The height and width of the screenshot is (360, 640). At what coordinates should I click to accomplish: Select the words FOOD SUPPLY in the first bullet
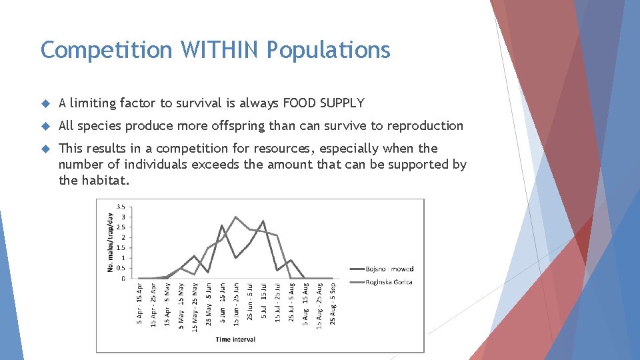(x=324, y=103)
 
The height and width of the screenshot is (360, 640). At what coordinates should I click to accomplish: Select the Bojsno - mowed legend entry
(x=389, y=269)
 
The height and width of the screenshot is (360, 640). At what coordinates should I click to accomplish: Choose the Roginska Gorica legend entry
(x=389, y=282)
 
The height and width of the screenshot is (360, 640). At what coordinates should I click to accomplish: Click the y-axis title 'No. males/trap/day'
(x=110, y=241)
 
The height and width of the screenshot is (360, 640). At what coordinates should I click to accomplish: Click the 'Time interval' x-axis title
(x=235, y=339)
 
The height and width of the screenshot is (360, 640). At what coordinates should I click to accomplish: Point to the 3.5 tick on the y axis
(x=121, y=206)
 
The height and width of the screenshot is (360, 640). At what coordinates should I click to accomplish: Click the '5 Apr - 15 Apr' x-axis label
(x=139, y=305)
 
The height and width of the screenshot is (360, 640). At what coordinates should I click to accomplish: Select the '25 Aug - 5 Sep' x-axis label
(x=332, y=305)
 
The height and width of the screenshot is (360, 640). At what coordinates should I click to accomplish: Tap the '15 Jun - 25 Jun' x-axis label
(x=236, y=305)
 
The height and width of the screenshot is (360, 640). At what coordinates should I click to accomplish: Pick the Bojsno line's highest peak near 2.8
(x=263, y=221)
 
